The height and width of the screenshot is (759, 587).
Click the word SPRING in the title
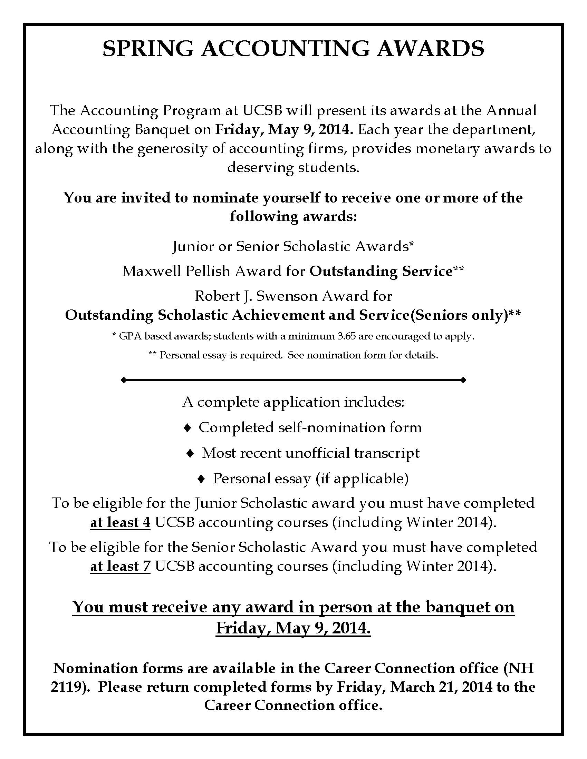148,49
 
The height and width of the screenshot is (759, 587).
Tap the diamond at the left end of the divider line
123,380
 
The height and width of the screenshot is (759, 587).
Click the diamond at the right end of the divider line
463,380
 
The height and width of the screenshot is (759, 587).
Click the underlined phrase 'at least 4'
120,522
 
